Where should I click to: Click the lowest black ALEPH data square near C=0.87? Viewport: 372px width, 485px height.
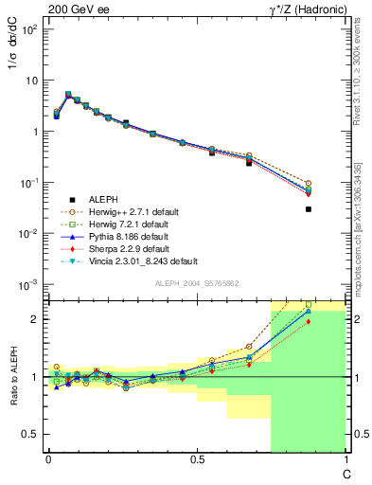click(309, 209)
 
